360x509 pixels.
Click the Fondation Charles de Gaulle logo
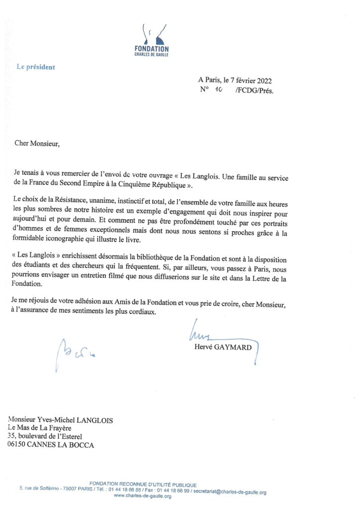(152, 39)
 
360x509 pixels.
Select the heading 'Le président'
(36, 67)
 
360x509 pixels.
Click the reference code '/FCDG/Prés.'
(255, 91)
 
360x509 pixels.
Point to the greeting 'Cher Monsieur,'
(36, 144)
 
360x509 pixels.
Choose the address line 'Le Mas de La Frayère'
(39, 428)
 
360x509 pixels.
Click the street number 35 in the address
(11, 437)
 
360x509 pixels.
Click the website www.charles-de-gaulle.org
(143, 497)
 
